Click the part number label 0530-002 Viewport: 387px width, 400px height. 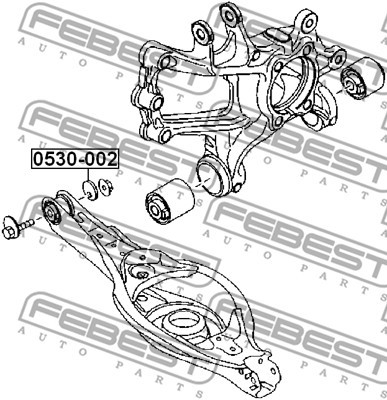point(75,159)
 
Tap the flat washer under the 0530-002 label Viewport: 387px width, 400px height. point(90,190)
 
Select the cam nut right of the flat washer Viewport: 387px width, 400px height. point(105,188)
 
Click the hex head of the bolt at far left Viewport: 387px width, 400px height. point(10,227)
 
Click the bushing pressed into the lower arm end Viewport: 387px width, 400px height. point(51,212)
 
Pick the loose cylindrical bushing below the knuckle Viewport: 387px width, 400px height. point(169,201)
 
